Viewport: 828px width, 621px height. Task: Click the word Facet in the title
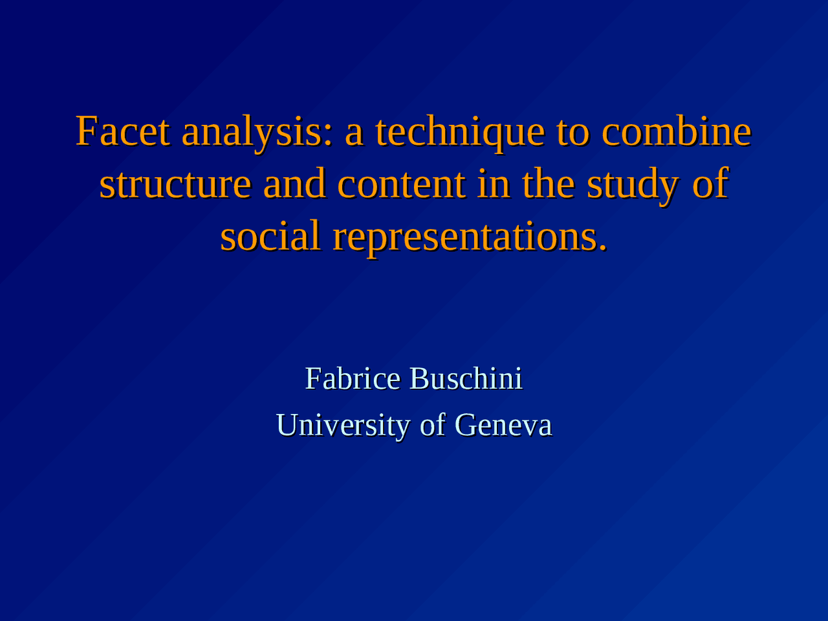(x=123, y=131)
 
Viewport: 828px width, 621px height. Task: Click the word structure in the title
(x=175, y=184)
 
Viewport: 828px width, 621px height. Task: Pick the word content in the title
(x=401, y=184)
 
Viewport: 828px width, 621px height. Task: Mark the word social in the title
(x=270, y=235)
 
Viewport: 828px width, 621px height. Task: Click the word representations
(x=466, y=237)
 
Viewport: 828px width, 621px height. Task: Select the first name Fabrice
(x=353, y=378)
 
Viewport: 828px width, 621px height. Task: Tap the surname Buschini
(x=466, y=378)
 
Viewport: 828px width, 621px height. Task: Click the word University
(x=343, y=426)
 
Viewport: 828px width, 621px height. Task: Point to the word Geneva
(x=503, y=426)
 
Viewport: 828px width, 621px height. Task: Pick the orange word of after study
(x=710, y=184)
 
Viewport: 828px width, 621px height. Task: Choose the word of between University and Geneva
(x=433, y=426)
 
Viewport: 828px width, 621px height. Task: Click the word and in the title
(x=294, y=184)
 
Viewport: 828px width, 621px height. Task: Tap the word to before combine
(x=572, y=131)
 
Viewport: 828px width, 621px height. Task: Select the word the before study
(x=549, y=184)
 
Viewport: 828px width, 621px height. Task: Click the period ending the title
(x=603, y=248)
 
